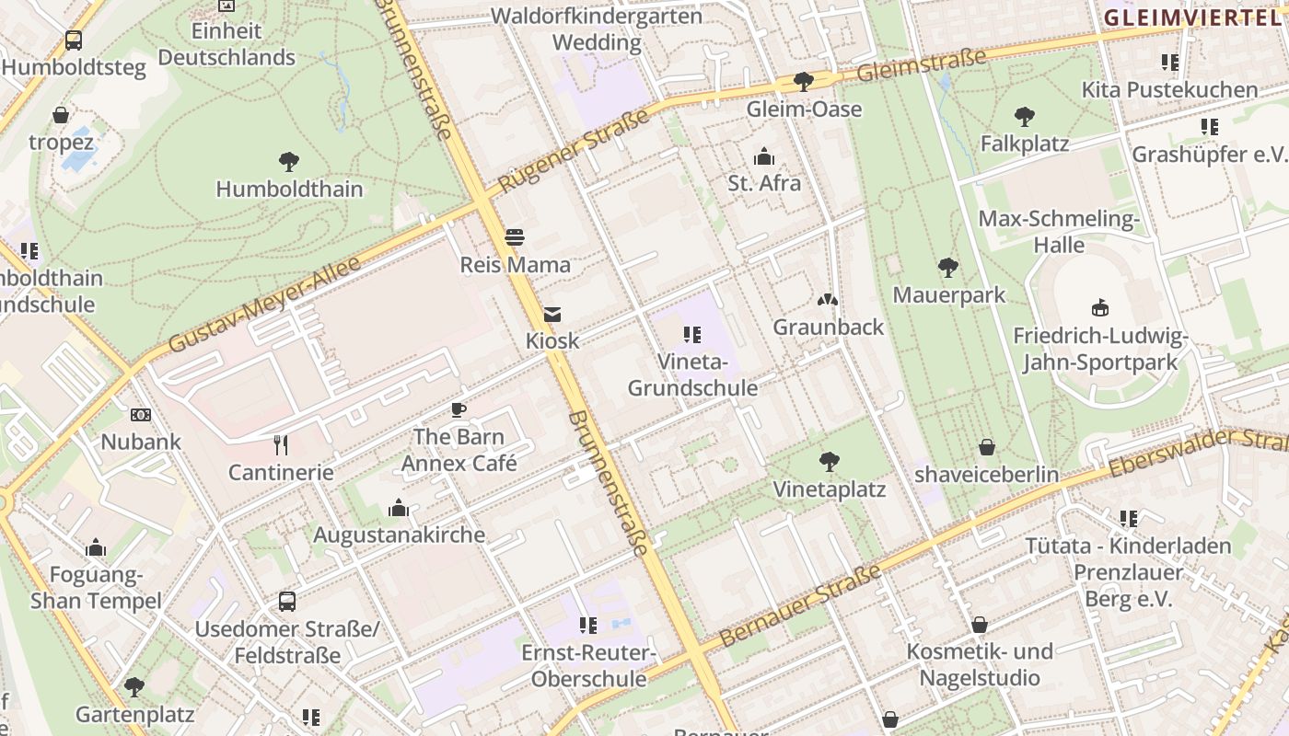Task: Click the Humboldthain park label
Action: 289,190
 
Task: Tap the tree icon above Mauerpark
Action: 948,268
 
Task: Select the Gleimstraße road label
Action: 921,64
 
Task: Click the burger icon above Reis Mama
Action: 515,237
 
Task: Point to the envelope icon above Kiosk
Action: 552,315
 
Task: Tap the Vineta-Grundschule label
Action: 692,374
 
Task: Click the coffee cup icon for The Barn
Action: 459,410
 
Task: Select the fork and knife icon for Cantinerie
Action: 281,445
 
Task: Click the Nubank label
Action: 141,442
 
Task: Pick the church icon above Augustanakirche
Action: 399,508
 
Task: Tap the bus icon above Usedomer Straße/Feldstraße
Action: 287,602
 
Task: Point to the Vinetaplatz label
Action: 829,489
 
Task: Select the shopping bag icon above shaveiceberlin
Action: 987,448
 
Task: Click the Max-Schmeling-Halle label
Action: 1059,232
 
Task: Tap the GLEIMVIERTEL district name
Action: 1195,17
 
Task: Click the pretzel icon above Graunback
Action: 828,300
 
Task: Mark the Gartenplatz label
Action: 134,714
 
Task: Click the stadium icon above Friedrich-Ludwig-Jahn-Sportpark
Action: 1099,307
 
